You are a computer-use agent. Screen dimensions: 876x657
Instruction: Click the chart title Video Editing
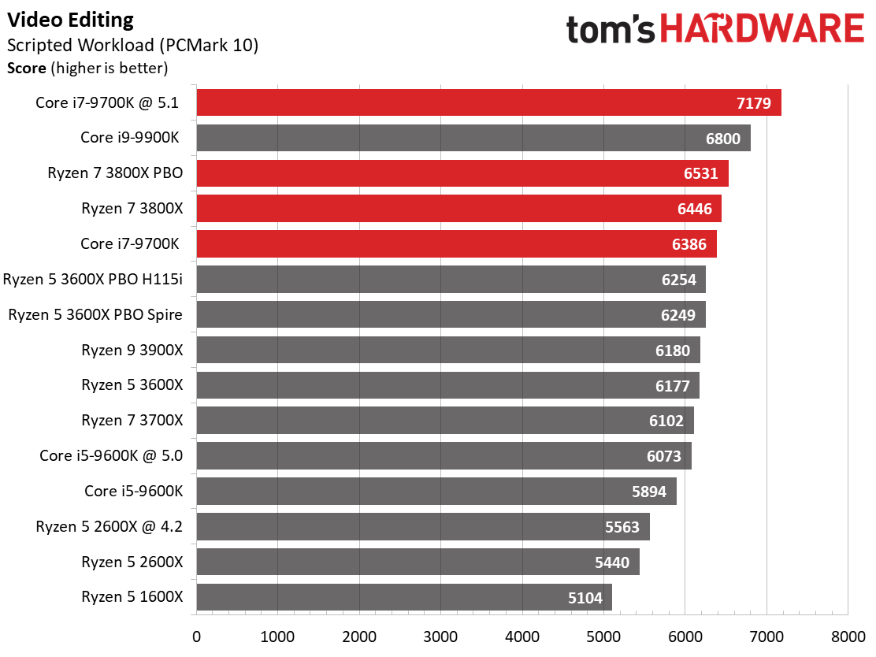[x=70, y=20]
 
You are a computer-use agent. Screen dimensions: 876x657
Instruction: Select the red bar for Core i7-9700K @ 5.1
[x=489, y=102]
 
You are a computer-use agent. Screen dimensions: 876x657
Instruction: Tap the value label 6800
[x=723, y=139]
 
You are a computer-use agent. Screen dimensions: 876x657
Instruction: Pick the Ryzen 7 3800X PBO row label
[x=115, y=173]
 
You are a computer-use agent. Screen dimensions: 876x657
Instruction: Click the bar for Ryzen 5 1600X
[x=404, y=597]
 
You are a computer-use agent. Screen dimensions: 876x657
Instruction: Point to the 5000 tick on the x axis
[x=603, y=637]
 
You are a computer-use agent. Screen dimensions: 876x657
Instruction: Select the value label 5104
[x=585, y=598]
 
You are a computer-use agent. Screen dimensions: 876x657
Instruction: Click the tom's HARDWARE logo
[x=715, y=29]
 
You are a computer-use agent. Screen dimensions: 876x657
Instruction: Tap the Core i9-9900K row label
[x=130, y=137]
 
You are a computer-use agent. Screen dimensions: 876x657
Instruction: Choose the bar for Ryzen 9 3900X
[x=448, y=350]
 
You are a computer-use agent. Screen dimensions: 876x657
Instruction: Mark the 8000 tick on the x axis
[x=848, y=637]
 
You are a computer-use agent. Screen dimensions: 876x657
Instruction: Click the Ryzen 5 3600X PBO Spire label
[x=95, y=314]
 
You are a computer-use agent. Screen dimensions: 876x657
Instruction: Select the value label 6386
[x=689, y=244]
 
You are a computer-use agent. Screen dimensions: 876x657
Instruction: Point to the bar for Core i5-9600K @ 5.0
[x=444, y=456]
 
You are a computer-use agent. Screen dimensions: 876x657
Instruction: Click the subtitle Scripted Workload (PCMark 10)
[x=132, y=45]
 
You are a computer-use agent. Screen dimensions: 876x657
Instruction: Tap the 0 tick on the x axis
[x=196, y=637]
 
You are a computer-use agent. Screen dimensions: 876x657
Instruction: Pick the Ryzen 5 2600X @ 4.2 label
[x=109, y=526]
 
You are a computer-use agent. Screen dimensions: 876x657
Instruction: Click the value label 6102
[x=666, y=421]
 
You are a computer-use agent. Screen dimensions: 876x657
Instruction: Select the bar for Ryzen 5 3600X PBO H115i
[x=451, y=280]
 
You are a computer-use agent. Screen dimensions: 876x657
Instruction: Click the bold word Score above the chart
[x=26, y=69]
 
